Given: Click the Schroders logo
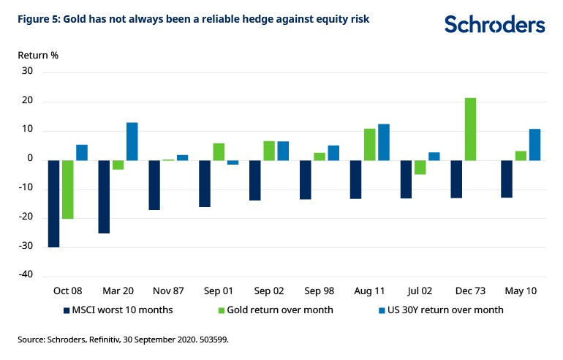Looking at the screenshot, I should point(495,24).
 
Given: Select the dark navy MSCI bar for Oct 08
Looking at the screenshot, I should point(53,203).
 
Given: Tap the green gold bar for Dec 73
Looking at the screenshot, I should point(470,129).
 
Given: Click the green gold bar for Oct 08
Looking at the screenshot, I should point(67,190).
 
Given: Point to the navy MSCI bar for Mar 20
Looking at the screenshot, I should point(104,196).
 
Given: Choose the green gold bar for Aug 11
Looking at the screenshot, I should point(369,144).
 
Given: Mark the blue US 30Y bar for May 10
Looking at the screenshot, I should point(534,144).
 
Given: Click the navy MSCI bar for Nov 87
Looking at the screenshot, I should point(154,184).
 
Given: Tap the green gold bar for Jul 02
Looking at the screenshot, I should point(420,167).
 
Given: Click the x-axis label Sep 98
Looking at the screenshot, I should point(319,290).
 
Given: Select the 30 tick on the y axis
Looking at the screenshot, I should point(29,72).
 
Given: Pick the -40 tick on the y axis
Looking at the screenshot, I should point(26,275).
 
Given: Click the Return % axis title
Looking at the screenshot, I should point(38,54).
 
